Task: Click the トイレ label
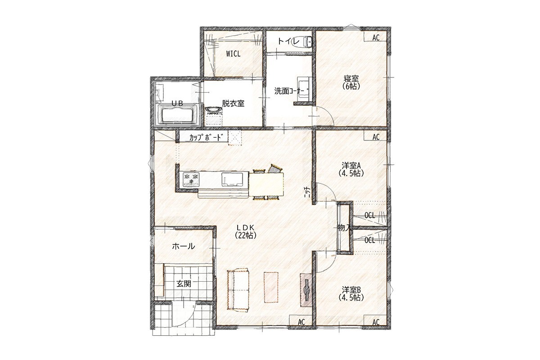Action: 288,41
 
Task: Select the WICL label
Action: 233,54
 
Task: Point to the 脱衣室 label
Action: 233,103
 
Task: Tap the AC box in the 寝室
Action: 376,37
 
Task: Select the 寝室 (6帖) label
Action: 351,82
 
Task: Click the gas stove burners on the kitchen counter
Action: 191,179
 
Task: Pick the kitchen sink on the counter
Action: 232,180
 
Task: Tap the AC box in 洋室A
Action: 376,137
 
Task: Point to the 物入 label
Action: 343,228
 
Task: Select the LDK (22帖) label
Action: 245,231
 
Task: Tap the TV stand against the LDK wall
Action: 306,290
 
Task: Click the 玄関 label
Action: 184,284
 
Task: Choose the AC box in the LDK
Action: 301,322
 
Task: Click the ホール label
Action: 184,246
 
